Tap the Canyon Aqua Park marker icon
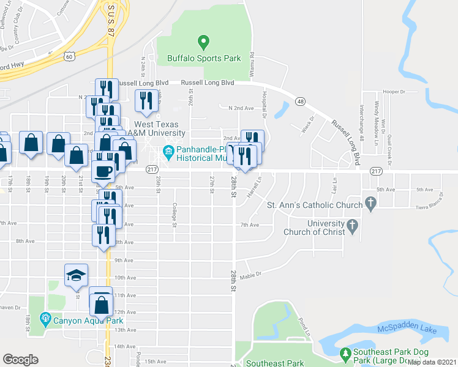coord(45,319)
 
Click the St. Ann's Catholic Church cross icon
coord(370,202)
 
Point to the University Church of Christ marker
coord(352,227)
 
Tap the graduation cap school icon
coord(75,275)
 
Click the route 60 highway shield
coord(70,56)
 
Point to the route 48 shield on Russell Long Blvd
coord(299,102)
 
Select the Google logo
coord(20,360)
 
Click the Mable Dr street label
coord(250,275)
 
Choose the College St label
coord(175,215)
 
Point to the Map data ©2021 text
coord(432,362)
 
